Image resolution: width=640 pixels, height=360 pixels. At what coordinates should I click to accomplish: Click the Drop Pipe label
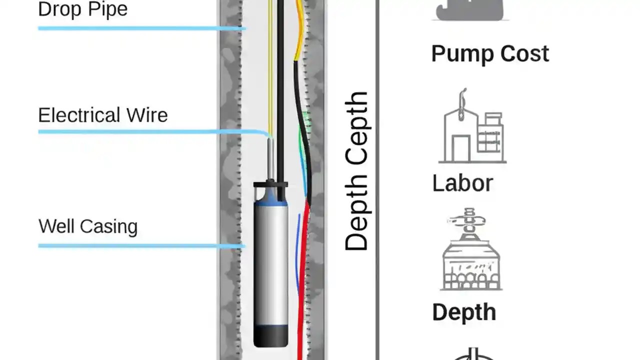click(x=82, y=9)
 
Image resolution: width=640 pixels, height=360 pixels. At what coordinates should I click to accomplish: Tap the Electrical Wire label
click(x=102, y=115)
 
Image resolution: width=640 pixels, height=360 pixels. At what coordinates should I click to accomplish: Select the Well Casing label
click(x=87, y=226)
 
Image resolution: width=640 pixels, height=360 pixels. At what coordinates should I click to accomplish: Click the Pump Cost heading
click(x=489, y=53)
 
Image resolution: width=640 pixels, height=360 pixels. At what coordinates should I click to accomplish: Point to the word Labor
click(x=462, y=183)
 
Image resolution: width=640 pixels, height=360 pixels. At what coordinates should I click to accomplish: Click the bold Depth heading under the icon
click(x=463, y=312)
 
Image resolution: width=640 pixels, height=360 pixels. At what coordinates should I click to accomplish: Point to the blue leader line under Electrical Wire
click(x=150, y=132)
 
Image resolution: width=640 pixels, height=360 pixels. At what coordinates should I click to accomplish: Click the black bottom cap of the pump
click(x=270, y=335)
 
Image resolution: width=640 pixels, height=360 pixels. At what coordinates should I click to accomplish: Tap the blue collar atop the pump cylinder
click(x=270, y=200)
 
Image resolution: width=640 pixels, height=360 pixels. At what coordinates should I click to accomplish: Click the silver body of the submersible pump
click(x=270, y=265)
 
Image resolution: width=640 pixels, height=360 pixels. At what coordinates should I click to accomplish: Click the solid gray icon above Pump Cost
click(x=470, y=10)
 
